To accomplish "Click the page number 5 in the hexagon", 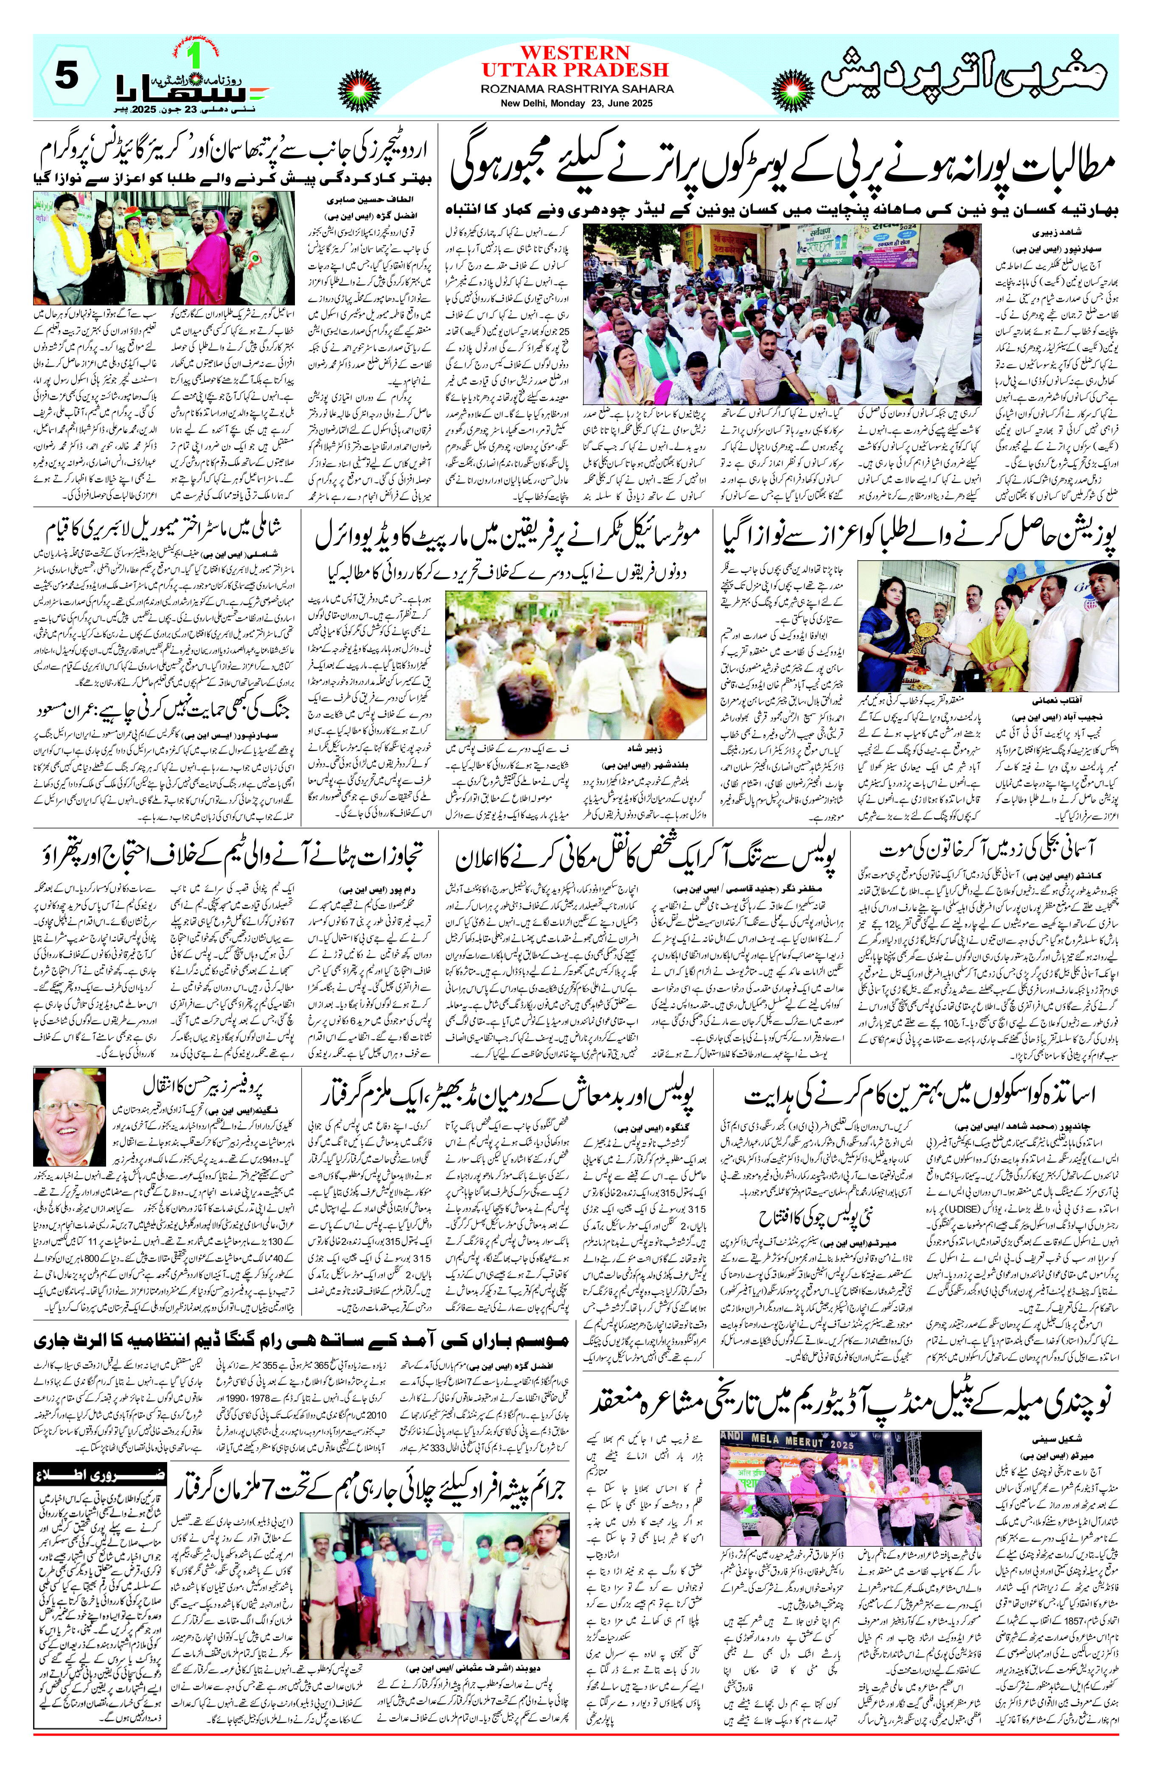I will click(67, 76).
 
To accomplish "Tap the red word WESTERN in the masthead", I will click(575, 53).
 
